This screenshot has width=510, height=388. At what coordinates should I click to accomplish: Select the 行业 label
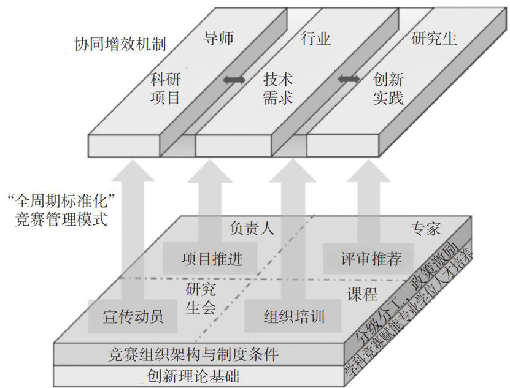pyautogui.click(x=316, y=40)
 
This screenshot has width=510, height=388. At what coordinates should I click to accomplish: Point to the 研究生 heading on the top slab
pyautogui.click(x=433, y=40)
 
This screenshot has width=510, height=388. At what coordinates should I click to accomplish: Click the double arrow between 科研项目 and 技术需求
pyautogui.click(x=234, y=79)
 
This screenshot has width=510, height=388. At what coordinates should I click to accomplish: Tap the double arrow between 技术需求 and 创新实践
pyautogui.click(x=349, y=79)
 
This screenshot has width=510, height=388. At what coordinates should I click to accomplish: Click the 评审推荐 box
pyautogui.click(x=371, y=259)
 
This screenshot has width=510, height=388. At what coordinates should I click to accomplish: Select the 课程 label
pyautogui.click(x=361, y=294)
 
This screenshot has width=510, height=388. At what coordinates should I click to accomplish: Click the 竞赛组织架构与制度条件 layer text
pyautogui.click(x=193, y=354)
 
